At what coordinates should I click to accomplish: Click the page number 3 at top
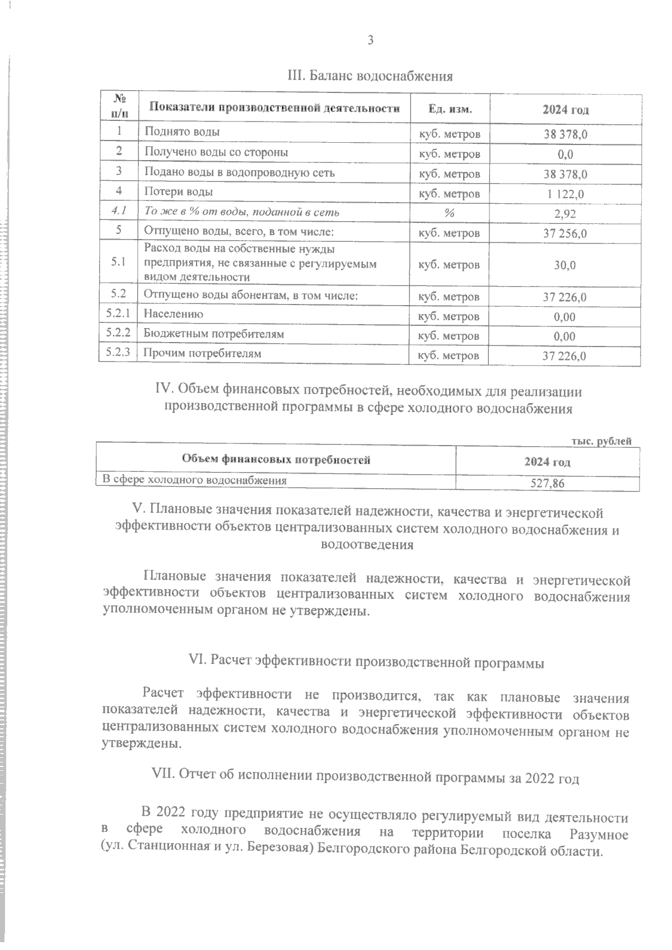coord(370,40)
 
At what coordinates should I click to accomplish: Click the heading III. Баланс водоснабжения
coord(370,76)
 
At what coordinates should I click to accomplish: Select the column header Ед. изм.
coord(450,109)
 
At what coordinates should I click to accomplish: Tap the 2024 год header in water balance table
coord(565,110)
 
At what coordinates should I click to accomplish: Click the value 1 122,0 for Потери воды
coord(565,194)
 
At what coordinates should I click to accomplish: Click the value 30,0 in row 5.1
coord(565,265)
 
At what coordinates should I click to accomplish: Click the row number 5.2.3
coord(118,353)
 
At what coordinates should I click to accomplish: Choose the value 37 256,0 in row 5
coord(565,233)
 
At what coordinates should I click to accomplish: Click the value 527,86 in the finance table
coord(547,483)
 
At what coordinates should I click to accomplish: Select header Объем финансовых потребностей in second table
coord(276,461)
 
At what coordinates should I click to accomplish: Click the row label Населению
coord(174,315)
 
